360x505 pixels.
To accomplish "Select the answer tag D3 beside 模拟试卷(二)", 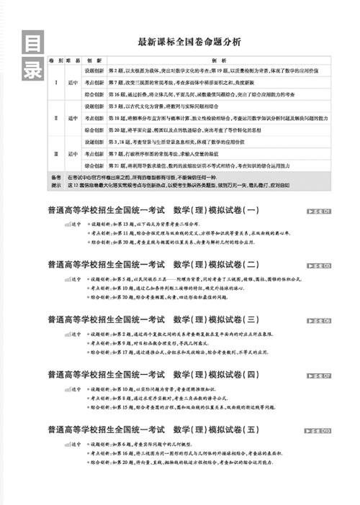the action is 319,266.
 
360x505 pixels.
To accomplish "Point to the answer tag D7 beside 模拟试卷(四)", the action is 319,376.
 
